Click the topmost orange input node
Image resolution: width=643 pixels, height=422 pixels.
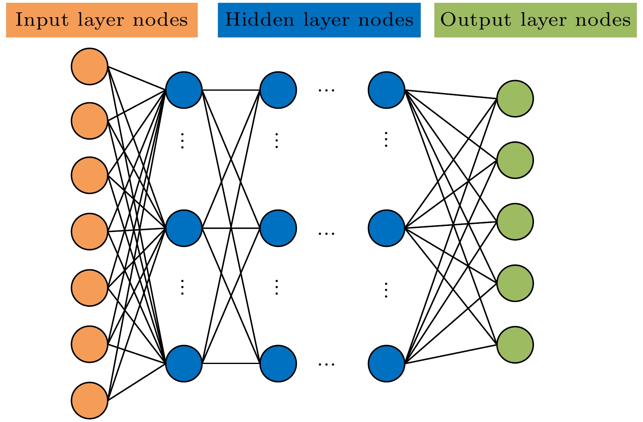click(89, 66)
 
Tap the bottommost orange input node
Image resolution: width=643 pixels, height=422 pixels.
click(89, 400)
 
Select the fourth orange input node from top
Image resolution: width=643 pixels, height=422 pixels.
click(89, 231)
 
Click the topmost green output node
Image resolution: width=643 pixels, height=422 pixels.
click(515, 98)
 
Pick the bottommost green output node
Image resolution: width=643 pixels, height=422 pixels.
click(515, 344)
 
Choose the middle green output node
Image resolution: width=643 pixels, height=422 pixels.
click(515, 221)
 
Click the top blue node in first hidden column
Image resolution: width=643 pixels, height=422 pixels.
click(184, 90)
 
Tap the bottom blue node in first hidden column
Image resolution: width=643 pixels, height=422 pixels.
click(184, 364)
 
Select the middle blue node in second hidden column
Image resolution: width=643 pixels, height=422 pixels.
click(278, 228)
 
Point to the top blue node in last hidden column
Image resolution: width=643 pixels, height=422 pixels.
click(386, 90)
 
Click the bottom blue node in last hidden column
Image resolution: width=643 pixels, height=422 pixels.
click(386, 364)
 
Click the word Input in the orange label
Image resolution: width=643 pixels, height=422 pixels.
click(35, 20)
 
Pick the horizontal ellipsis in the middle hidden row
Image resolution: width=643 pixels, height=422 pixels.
click(327, 233)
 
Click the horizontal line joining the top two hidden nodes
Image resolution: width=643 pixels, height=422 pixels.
click(231, 90)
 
